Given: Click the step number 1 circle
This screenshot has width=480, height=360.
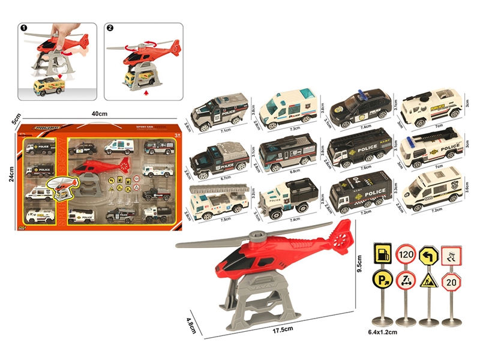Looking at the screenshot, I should [x=24, y=28].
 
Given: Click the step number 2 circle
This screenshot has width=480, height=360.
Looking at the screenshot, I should [x=109, y=28].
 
